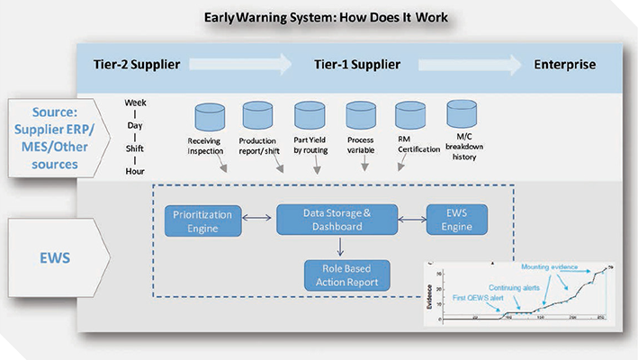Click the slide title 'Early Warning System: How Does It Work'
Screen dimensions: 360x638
coord(320,16)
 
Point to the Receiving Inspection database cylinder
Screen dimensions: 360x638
coord(210,117)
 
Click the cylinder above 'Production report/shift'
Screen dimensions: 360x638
coord(257,117)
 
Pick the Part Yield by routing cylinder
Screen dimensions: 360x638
coord(309,117)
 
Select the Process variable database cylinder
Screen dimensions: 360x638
coord(361,117)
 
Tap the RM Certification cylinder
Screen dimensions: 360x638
coord(410,117)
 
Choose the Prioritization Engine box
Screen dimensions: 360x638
coord(203,221)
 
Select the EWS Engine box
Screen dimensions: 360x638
coord(456,221)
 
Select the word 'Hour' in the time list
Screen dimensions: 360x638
coord(135,170)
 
